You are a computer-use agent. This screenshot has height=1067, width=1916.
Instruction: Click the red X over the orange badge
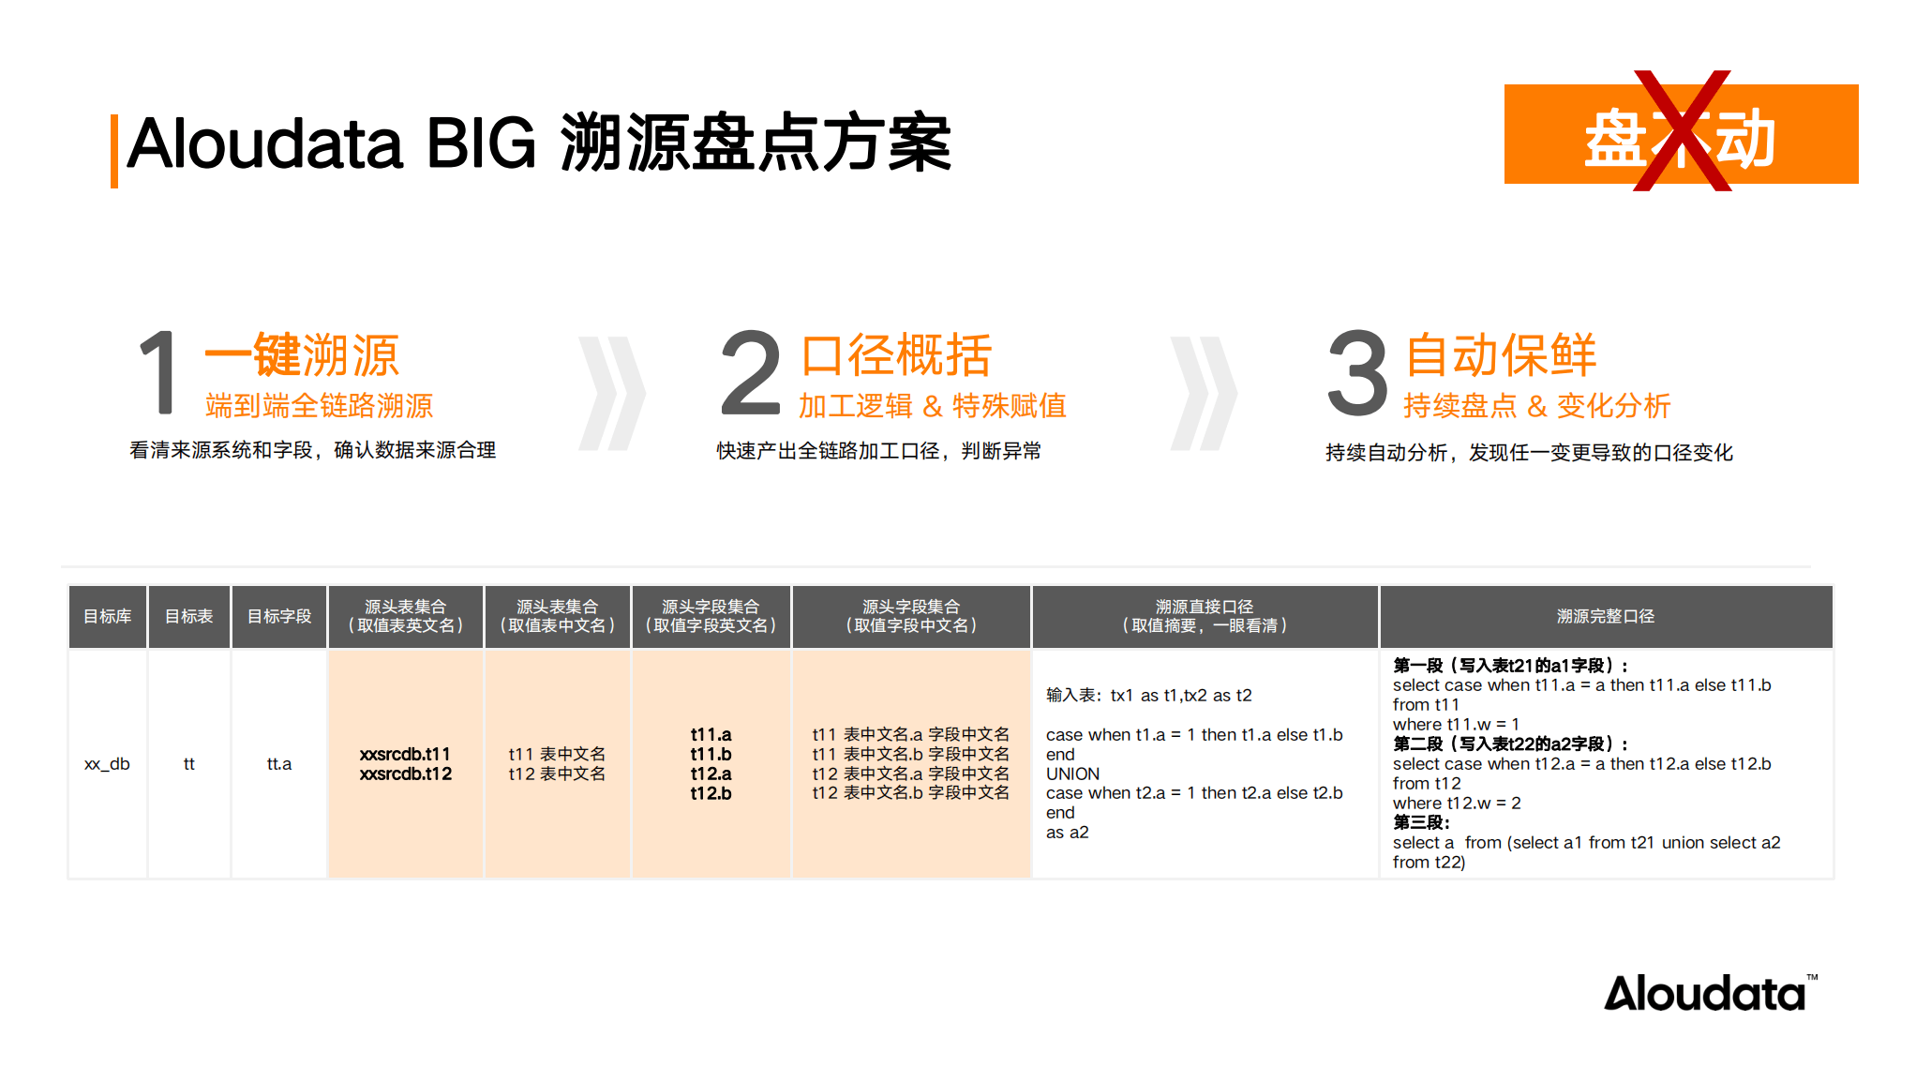[1682, 131]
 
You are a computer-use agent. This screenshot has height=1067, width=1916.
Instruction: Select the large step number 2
[750, 372]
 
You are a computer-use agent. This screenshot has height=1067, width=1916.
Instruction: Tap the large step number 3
[1357, 372]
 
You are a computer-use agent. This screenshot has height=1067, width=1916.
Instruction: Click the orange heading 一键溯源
[302, 355]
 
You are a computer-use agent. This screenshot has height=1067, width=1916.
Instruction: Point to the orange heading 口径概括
[896, 355]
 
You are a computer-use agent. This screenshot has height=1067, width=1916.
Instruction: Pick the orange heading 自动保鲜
[1501, 355]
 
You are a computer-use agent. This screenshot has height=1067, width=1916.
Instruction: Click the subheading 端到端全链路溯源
[319, 406]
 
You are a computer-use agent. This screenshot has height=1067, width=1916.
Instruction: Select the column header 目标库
[108, 616]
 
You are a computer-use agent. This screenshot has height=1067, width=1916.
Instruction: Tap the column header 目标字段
[279, 616]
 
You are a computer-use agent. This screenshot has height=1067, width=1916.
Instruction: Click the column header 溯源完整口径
[1605, 616]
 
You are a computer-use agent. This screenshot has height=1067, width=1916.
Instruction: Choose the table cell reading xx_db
[107, 764]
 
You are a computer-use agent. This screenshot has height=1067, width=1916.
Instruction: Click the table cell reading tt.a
[279, 764]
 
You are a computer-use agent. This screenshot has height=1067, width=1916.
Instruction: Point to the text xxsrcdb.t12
[406, 774]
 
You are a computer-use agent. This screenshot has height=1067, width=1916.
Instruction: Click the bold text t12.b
[711, 794]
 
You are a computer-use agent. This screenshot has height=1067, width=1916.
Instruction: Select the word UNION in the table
[1072, 774]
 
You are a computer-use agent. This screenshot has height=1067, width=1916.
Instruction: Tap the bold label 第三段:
[1421, 822]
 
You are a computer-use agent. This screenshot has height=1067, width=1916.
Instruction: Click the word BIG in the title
[481, 144]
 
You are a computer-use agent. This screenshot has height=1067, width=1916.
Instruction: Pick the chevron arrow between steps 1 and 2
[612, 393]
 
